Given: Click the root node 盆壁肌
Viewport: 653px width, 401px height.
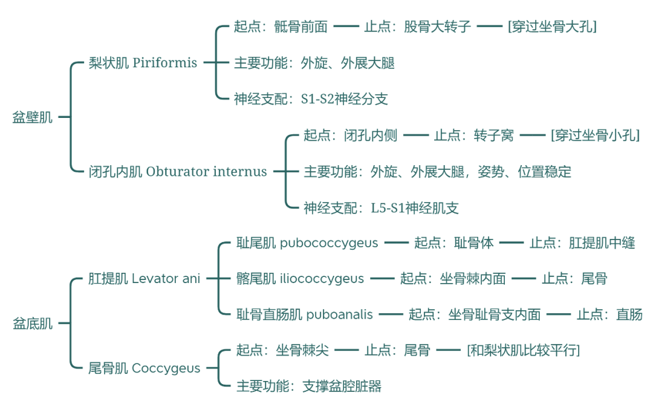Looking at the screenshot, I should [33, 117].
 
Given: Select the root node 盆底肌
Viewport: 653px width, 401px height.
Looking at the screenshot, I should [33, 324].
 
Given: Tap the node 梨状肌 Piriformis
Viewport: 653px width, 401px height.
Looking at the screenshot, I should [143, 63].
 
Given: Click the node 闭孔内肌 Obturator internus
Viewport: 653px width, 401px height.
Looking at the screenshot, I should [178, 171].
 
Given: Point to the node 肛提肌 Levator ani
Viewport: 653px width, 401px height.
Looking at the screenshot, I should [145, 279].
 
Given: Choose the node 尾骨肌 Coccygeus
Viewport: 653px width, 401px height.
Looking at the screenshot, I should [145, 368].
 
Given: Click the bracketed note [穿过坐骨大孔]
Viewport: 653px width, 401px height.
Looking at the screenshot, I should [552, 27].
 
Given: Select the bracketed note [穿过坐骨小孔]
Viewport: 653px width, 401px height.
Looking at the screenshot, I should [595, 135].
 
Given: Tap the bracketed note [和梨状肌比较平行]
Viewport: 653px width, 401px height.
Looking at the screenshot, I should [523, 350].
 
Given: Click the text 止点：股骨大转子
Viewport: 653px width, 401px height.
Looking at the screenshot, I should [417, 27].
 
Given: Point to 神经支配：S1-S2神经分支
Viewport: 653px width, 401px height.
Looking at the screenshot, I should [311, 99].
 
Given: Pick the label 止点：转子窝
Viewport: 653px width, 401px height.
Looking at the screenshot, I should [473, 135].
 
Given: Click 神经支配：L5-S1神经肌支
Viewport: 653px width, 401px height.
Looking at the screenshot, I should [381, 208].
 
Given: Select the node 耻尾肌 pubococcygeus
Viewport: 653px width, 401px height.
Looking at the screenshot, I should [307, 243].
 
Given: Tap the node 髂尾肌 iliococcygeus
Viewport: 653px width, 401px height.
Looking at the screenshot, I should [300, 279].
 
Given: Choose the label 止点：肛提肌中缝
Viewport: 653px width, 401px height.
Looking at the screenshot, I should [582, 243].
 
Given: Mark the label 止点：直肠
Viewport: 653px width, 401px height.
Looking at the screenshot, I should [609, 315].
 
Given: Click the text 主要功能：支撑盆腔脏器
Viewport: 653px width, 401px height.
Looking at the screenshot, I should [309, 386].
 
